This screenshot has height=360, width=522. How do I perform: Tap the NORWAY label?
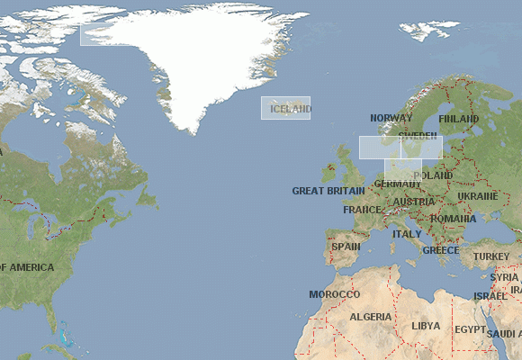(391, 118)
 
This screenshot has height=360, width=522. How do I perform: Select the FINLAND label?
(458, 119)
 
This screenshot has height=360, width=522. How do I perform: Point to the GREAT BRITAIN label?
(328, 191)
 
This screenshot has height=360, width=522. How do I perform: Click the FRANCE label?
(362, 210)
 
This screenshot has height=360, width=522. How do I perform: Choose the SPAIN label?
(346, 247)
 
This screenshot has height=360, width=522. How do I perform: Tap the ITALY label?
(407, 234)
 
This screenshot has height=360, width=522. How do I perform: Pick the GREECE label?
(441, 250)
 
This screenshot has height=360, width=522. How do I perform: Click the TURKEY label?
(491, 256)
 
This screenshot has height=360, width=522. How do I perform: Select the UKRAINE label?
(477, 196)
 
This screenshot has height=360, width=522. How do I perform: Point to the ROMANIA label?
(453, 219)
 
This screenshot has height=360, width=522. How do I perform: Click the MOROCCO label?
(334, 294)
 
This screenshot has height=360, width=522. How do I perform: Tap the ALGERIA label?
(371, 317)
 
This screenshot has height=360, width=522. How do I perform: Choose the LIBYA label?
(426, 326)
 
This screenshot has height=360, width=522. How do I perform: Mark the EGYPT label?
(470, 330)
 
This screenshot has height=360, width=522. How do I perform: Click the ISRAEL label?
(490, 296)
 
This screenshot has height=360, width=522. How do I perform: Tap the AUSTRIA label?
(414, 202)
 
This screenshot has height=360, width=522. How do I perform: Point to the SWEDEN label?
(418, 137)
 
